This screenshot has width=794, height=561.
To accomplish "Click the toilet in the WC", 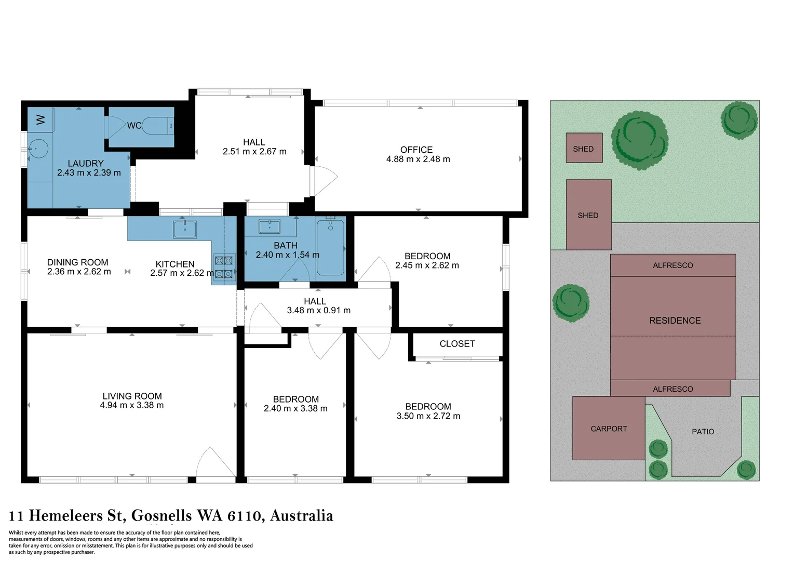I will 157,126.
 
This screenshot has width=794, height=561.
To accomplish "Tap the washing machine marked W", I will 40,119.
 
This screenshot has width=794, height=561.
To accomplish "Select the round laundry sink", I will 38,149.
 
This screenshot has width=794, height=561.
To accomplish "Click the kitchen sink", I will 185,229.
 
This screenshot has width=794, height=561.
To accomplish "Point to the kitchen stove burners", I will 224,267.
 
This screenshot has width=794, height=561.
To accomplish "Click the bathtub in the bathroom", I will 330,247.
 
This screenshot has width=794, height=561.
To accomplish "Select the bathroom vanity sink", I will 269,226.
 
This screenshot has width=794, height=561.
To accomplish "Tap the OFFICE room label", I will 416,150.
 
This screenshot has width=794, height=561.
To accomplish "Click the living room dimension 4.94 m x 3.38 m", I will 132,405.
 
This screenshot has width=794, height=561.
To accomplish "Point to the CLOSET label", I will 457,344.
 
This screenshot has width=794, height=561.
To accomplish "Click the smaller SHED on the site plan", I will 584,148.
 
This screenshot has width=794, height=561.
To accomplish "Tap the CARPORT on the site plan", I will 609,429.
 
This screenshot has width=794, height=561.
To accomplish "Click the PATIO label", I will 703,432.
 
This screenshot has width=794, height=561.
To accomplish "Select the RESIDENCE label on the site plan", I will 675,321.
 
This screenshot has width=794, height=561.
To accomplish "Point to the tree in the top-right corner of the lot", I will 739,120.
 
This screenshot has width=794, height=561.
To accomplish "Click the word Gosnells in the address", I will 162,516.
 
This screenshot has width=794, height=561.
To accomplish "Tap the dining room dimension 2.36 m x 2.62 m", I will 79,272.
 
